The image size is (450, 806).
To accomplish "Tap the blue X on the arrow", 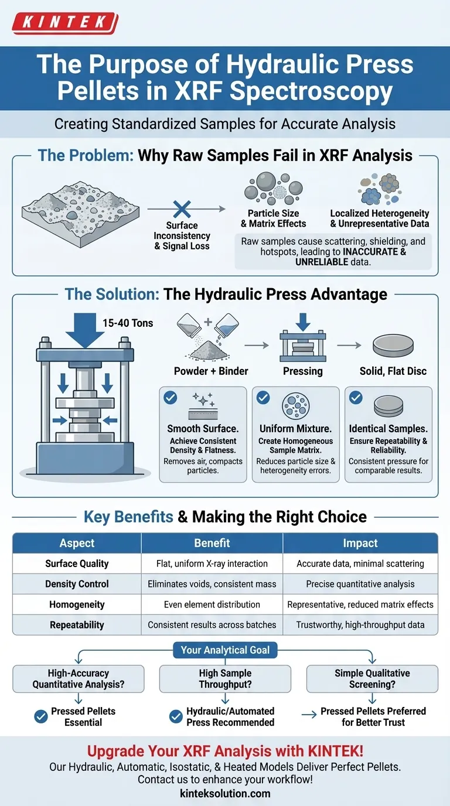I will point(182,209).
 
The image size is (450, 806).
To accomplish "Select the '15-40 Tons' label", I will point(127,323).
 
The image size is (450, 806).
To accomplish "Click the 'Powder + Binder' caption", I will point(211,371).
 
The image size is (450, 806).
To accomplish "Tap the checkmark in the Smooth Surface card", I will point(170,398).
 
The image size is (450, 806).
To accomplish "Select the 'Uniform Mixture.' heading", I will point(295,429).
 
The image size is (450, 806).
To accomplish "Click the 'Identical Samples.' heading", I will point(388,429).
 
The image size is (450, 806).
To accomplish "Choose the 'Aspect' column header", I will point(77,543).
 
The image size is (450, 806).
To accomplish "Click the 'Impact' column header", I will point(360,543).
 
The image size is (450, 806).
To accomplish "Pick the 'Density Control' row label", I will point(77,584).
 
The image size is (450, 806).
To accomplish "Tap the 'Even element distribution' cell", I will point(212,604).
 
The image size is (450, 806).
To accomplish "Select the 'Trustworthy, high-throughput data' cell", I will point(360,625).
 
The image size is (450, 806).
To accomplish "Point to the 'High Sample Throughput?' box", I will point(225,679).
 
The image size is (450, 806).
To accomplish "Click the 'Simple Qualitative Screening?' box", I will point(372,679).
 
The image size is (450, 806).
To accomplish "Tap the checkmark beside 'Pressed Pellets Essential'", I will point(41,716).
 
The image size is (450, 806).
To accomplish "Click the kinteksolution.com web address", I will point(225,794).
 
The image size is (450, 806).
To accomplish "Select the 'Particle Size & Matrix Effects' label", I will point(273,218).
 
